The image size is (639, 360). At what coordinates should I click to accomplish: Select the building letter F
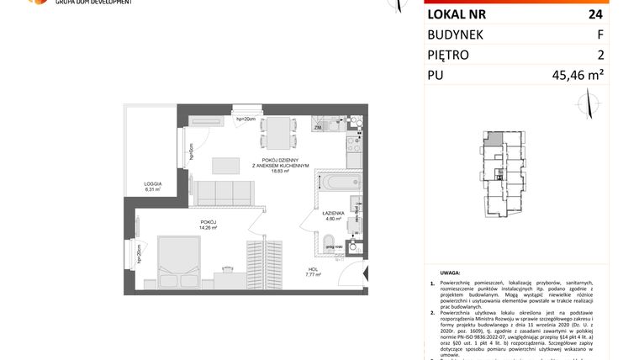pos(599,34)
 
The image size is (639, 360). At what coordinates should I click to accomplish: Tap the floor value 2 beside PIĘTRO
pos(599,56)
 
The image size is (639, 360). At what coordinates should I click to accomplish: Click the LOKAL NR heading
pos(457,13)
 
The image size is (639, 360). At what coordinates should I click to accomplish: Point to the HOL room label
pos(314,271)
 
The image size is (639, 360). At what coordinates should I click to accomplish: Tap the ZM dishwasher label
pos(318,129)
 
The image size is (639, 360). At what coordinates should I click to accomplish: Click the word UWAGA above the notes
pos(451,273)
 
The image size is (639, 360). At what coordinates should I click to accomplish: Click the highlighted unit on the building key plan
pos(496,139)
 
